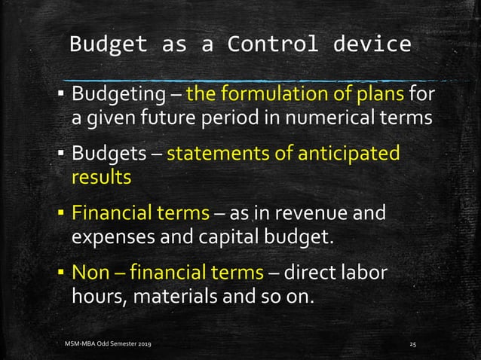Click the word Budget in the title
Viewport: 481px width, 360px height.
click(109, 44)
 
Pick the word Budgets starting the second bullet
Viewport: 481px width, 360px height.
click(107, 154)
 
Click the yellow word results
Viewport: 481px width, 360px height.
click(101, 177)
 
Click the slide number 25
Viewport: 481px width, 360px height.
click(412, 343)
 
